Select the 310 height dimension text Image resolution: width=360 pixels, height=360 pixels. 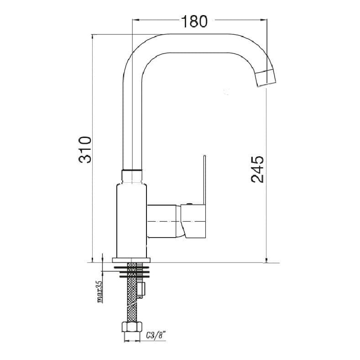(x=86, y=149)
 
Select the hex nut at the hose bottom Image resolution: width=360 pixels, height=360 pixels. (x=130, y=328)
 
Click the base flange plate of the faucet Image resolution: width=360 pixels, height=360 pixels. (x=131, y=259)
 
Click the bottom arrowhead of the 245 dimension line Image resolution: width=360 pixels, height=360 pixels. (x=266, y=260)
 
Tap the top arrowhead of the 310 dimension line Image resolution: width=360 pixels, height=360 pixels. (x=93, y=37)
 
